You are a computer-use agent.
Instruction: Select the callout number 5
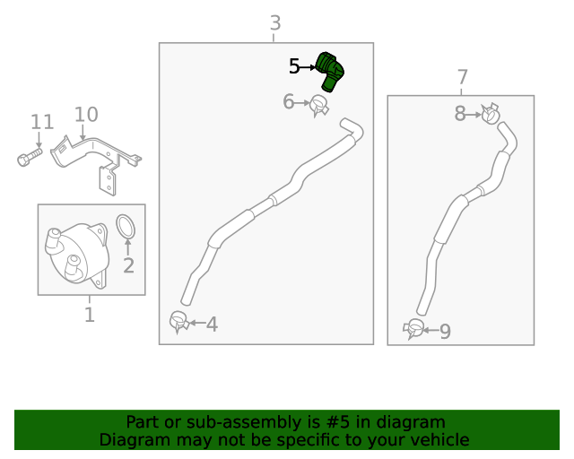(x=294, y=66)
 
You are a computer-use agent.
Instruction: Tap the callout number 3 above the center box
(x=275, y=22)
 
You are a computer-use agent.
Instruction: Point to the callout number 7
(x=462, y=76)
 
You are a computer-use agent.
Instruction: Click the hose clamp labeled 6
(x=319, y=106)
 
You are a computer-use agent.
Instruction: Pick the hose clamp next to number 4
(x=179, y=320)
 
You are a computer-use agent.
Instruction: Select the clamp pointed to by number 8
(x=490, y=115)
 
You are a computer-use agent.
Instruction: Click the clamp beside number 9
(x=414, y=328)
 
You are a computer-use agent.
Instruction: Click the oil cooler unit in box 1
(x=74, y=254)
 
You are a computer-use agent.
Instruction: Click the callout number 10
(x=86, y=115)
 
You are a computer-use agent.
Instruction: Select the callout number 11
(x=42, y=121)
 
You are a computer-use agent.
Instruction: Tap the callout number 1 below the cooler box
(x=89, y=315)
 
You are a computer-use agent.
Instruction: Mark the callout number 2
(x=128, y=265)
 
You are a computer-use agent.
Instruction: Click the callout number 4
(x=213, y=325)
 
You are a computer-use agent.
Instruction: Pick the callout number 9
(x=445, y=333)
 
